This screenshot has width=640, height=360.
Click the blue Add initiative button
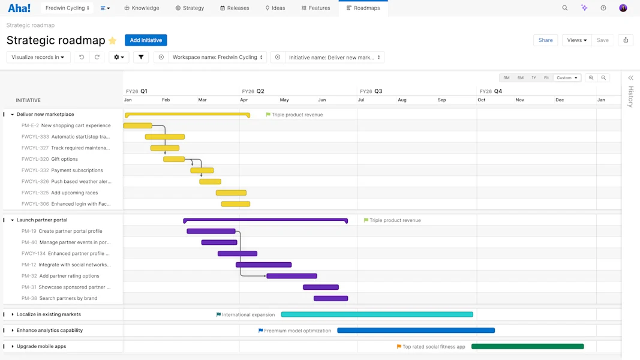coord(146,40)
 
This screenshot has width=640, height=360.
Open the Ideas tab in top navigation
coord(275,8)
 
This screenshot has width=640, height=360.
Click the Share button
coord(545,40)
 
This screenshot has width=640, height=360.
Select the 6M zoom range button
coord(520,78)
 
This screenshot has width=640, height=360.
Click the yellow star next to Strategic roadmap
coord(112,41)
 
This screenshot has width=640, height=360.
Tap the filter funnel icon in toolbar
coord(141,57)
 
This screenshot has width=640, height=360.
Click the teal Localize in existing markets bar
coord(377,314)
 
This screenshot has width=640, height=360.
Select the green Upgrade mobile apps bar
coord(527,346)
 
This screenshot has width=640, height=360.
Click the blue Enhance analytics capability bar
coord(416,331)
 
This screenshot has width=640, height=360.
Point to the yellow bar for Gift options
coord(174,159)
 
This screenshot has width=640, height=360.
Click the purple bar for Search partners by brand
coord(330,298)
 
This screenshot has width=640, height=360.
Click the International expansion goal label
coord(248,314)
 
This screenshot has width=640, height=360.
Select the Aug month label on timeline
coord(402,100)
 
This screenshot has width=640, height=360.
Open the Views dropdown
coord(576,40)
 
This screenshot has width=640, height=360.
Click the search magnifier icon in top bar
coord(564,8)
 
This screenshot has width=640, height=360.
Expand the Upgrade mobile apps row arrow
coord(13,346)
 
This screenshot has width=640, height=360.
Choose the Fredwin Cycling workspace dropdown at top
coord(67,8)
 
